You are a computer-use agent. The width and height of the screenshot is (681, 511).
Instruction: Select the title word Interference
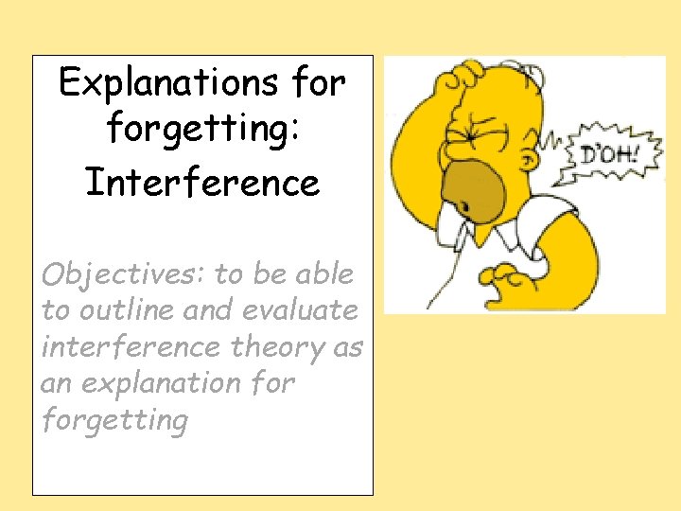click(202, 182)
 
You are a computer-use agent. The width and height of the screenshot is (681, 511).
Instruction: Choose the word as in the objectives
click(347, 346)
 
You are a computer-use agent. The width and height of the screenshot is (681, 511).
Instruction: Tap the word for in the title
click(318, 84)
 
